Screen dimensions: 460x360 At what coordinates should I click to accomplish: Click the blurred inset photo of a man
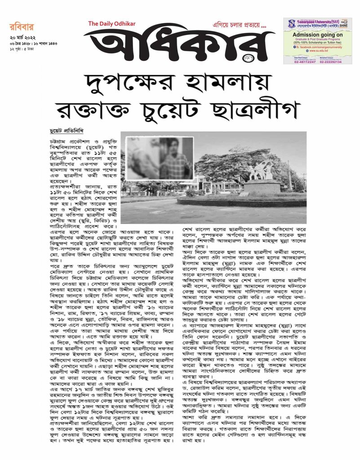pos(157,158)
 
